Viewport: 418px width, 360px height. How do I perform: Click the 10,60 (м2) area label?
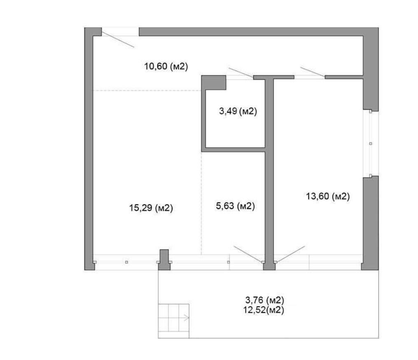[166, 66]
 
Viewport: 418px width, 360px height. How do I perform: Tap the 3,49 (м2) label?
[238, 111]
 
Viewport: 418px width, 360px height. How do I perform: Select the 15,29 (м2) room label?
[151, 208]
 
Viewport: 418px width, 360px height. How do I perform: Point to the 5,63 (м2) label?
[236, 206]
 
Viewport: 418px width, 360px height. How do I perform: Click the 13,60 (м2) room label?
[328, 197]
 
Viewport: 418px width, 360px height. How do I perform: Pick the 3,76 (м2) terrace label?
[265, 300]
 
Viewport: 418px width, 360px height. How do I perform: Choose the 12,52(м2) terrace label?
[264, 310]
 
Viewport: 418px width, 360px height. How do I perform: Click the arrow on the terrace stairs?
[186, 318]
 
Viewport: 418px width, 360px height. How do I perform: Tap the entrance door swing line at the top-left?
[118, 39]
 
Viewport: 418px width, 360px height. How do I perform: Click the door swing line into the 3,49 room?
[241, 73]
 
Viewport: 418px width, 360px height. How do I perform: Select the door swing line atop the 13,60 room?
[313, 72]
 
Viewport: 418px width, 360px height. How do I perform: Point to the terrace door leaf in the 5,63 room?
[248, 254]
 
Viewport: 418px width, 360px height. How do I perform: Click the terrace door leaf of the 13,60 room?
[290, 254]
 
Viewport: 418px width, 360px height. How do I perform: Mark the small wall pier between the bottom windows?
[164, 260]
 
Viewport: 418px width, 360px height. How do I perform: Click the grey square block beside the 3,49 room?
[214, 83]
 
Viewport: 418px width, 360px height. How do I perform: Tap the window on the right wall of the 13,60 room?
[371, 144]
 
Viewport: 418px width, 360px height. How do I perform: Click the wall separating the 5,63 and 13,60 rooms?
[269, 173]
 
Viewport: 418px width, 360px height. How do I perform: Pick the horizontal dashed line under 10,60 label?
[147, 91]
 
